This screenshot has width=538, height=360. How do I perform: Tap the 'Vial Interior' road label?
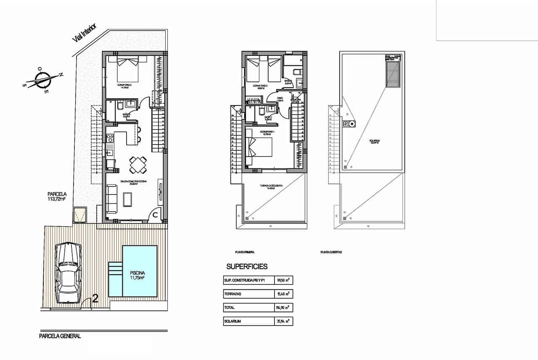click(84, 33)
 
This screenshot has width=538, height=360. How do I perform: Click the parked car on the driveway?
click(68, 272)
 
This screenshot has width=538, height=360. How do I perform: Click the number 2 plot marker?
click(95, 299)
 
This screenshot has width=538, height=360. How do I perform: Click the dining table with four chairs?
click(138, 165)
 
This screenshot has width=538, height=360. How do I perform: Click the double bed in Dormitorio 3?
click(127, 69)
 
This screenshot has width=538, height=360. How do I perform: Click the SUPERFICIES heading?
click(247, 266)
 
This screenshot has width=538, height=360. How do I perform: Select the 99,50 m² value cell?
click(284, 280)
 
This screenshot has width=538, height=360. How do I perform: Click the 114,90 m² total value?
click(284, 308)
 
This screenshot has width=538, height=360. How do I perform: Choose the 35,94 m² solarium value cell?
click(284, 321)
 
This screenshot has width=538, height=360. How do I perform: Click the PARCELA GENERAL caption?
click(60, 336)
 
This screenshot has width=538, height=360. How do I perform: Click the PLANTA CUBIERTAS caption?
click(331, 252)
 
